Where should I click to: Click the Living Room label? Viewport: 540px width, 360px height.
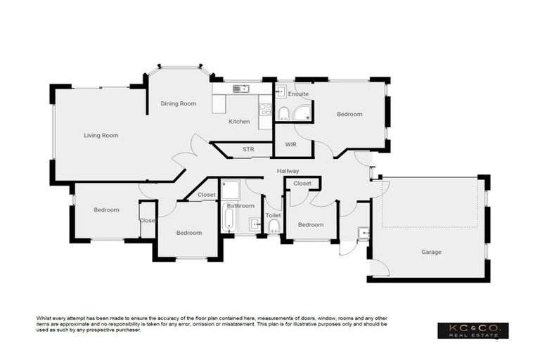point(101,135)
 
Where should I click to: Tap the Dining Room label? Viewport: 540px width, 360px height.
point(178,103)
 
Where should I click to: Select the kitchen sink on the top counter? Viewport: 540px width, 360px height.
point(240,89)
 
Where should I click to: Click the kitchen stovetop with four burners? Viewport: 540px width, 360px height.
point(266,110)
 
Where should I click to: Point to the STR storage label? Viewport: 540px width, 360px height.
point(248,149)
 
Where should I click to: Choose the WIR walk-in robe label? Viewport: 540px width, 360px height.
point(291,144)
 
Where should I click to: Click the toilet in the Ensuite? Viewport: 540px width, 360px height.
point(283,114)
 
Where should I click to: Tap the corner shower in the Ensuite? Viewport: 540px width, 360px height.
point(303,115)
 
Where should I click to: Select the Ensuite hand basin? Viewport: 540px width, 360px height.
point(281,91)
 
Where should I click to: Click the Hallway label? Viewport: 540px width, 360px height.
point(288,171)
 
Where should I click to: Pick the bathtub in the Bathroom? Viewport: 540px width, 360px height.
point(229,217)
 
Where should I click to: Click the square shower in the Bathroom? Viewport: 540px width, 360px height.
point(230,189)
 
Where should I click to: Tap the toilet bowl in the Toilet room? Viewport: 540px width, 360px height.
point(274,225)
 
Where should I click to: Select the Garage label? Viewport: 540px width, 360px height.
point(431,252)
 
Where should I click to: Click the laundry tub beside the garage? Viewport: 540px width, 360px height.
point(363,233)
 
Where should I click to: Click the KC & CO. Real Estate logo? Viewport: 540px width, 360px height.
point(472,330)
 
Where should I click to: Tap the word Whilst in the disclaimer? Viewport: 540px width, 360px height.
point(44,319)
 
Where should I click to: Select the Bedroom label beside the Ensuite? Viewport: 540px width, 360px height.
point(349,114)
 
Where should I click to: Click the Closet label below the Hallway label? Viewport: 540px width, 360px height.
point(302,184)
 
